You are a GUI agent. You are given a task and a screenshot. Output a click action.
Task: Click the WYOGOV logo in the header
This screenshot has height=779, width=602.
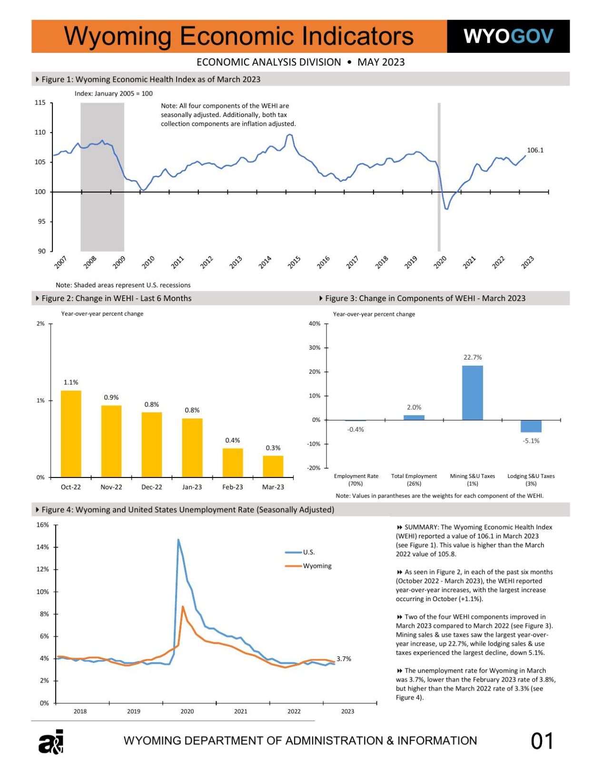click(x=508, y=36)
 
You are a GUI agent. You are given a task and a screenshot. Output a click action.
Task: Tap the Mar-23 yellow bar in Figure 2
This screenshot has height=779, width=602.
click(x=273, y=466)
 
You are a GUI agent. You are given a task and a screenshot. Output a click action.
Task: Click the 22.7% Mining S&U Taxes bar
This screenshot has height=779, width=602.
click(x=472, y=393)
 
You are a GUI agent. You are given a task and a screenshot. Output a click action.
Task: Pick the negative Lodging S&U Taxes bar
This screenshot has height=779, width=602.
click(x=531, y=426)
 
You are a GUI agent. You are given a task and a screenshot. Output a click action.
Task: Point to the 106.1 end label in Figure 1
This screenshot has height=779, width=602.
click(x=535, y=150)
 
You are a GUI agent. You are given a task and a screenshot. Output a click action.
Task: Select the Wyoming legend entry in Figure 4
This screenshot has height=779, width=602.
click(x=316, y=566)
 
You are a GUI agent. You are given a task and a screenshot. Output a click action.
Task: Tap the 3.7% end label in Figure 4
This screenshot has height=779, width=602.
click(x=344, y=659)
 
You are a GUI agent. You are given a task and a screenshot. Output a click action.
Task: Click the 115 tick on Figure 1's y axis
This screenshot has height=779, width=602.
click(x=40, y=103)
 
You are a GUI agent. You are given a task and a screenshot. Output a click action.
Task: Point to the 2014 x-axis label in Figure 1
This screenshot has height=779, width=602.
click(x=265, y=262)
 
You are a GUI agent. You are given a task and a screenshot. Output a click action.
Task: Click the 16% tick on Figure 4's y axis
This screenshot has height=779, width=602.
click(x=43, y=525)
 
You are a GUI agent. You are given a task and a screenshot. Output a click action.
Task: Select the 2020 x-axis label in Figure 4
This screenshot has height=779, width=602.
click(x=187, y=711)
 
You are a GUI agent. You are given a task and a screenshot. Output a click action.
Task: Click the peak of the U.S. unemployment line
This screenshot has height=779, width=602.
click(x=178, y=540)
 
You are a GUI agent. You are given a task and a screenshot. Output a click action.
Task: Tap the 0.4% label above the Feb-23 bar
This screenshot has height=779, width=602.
click(x=233, y=440)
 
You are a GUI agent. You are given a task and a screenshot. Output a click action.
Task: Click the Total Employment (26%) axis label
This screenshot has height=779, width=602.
click(x=414, y=479)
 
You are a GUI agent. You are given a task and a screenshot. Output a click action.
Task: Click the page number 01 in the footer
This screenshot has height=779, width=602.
click(x=542, y=741)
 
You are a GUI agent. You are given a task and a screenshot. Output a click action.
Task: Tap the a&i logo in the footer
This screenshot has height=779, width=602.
click(x=51, y=742)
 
